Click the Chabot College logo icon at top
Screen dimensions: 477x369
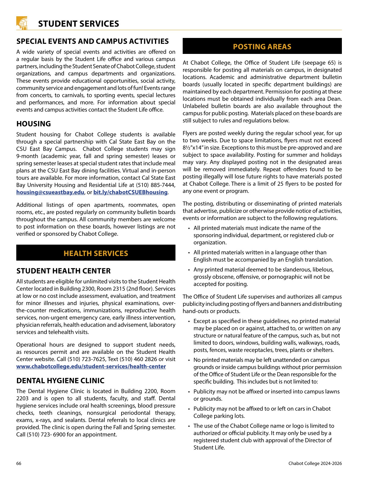click(x=22, y=23)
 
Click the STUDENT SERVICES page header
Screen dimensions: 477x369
click(x=78, y=24)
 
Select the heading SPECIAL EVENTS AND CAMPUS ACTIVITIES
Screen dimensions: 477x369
click(x=92, y=41)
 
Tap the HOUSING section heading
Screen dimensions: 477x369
click(x=33, y=124)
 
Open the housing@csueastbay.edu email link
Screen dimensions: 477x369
click(x=50, y=192)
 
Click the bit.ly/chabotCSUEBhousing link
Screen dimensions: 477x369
click(x=130, y=192)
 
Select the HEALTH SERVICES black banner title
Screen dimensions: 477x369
click(x=96, y=253)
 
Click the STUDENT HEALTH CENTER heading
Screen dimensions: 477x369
click(x=63, y=271)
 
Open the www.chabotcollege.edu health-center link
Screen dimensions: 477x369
click(x=91, y=366)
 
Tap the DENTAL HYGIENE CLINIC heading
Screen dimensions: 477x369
click(x=60, y=381)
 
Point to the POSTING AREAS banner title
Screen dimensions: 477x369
click(x=262, y=47)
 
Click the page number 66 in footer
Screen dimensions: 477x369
click(x=19, y=463)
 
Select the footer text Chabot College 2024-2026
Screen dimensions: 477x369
click(x=315, y=463)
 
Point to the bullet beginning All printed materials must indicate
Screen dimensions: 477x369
click(x=257, y=228)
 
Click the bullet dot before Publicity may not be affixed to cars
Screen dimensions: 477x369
click(x=189, y=409)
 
